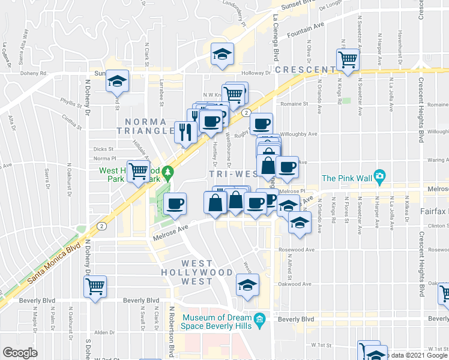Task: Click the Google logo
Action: pyautogui.click(x=20, y=353)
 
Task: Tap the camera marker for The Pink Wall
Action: pyautogui.click(x=379, y=177)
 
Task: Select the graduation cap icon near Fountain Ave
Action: pyautogui.click(x=222, y=55)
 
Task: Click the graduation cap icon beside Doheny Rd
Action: pyautogui.click(x=117, y=81)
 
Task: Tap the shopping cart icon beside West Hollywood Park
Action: pyautogui.click(x=138, y=172)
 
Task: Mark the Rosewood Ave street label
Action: pyautogui.click(x=297, y=250)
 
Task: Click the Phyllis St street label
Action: pyautogui.click(x=70, y=104)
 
